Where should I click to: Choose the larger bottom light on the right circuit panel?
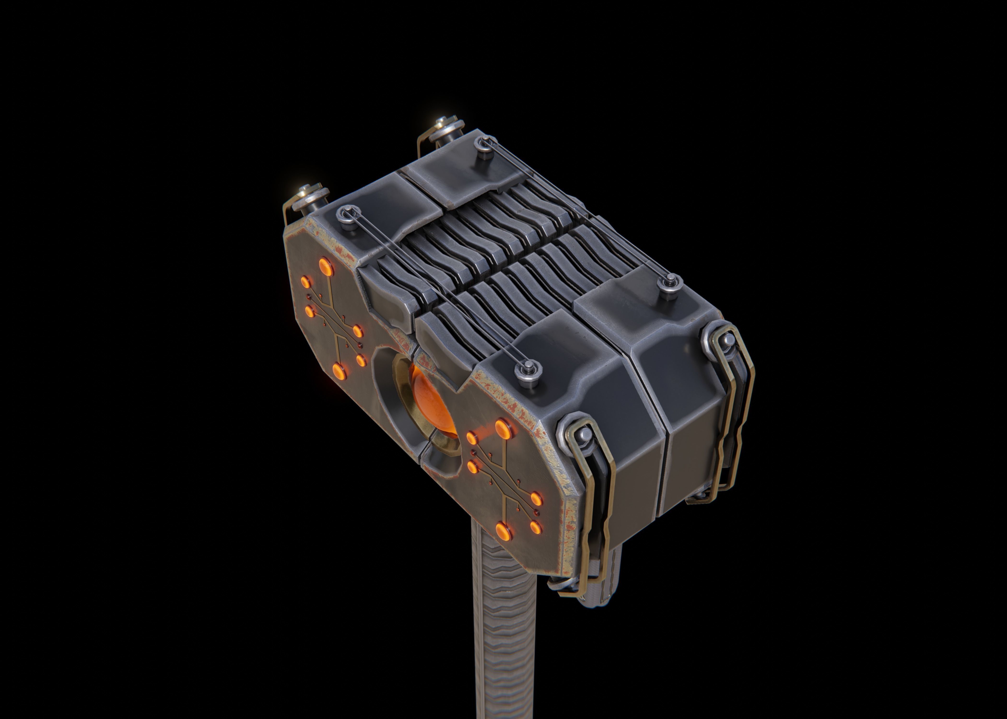503,529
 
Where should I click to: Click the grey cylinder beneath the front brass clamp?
598,584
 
